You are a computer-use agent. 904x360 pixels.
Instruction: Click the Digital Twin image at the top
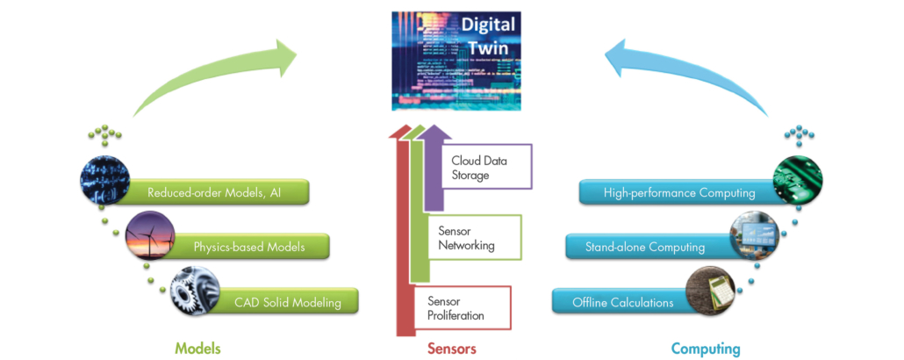[457, 61]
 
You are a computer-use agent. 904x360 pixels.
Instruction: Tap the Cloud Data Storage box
[486, 167]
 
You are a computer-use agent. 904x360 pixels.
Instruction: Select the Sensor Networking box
[476, 237]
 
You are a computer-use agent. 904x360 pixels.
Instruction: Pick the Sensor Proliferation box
[463, 308]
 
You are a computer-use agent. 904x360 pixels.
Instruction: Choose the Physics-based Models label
[249, 247]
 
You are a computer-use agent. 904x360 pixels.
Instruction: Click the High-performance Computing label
[679, 192]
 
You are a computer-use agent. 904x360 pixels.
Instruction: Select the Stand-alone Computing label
[645, 248]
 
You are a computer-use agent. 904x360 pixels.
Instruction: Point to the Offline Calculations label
[622, 302]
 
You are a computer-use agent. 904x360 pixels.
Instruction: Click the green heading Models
[197, 349]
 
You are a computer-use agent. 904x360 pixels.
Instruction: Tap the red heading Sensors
[452, 349]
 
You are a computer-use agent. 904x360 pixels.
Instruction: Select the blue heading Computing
[706, 349]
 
